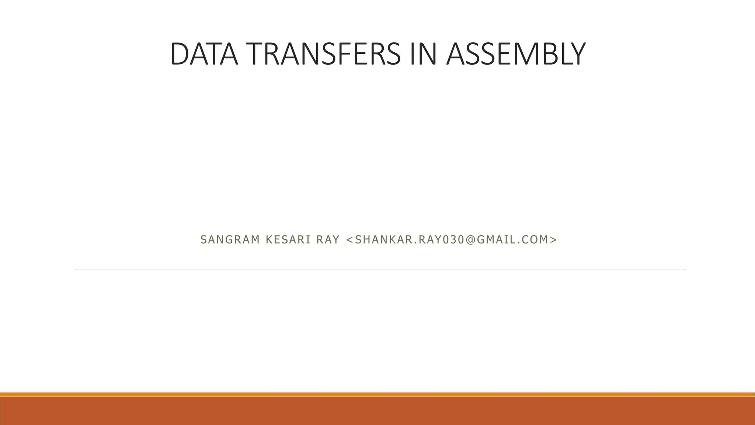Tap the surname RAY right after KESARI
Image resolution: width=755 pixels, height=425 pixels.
tap(328, 240)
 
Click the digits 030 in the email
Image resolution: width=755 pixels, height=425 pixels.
tap(452, 240)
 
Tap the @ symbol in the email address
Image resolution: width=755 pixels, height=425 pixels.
tap(470, 240)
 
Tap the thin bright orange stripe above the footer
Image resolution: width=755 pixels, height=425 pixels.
tap(377, 394)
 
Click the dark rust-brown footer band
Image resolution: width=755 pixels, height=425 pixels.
tap(377, 411)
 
